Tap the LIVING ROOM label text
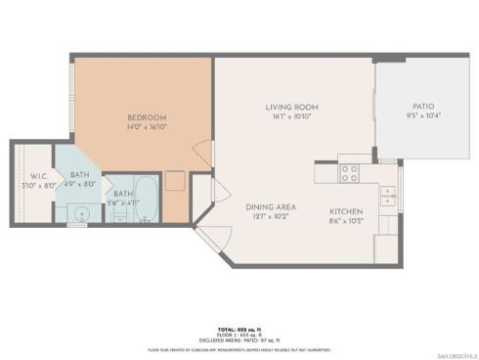click(x=292, y=107)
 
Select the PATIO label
click(x=422, y=107)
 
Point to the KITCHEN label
click(x=346, y=211)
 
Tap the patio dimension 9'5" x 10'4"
click(x=422, y=115)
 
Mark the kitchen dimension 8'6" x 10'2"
click(x=346, y=221)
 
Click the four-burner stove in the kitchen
click(x=349, y=172)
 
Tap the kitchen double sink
click(x=387, y=195)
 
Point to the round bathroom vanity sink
click(x=83, y=212)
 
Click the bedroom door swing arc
click(x=204, y=154)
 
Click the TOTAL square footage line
click(x=239, y=330)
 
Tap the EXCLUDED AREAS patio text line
click(x=239, y=340)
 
